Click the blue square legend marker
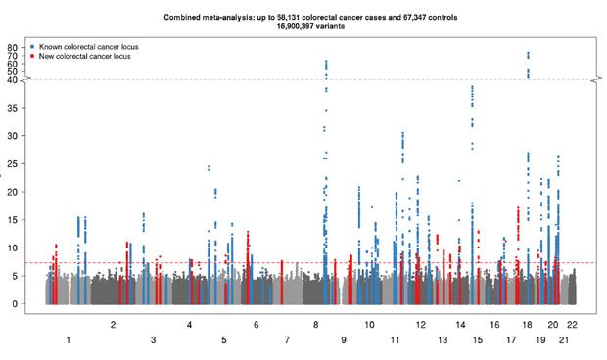32,47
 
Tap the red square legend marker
32,57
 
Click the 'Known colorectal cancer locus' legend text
84,47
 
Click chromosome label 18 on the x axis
527,323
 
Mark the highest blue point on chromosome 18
529,53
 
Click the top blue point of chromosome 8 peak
326,61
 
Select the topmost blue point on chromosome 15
473,86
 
